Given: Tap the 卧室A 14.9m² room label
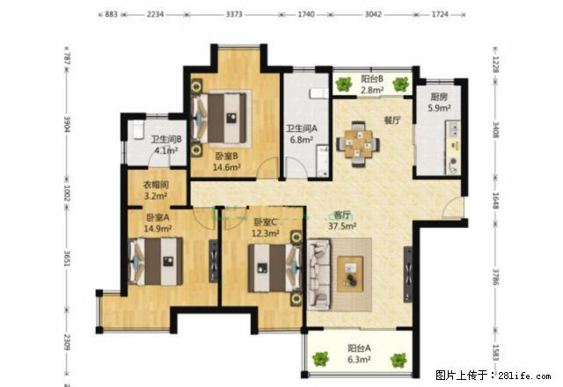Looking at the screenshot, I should [x=158, y=223].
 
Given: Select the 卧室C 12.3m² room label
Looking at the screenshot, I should [x=266, y=229].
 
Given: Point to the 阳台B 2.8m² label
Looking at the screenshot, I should [x=372, y=84].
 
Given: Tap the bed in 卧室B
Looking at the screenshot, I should [x=223, y=114].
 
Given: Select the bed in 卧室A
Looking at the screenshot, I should [x=159, y=261].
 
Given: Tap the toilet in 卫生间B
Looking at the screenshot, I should [x=138, y=131].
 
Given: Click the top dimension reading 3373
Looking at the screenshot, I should [x=235, y=15].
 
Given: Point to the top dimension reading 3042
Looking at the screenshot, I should [x=372, y=15].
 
